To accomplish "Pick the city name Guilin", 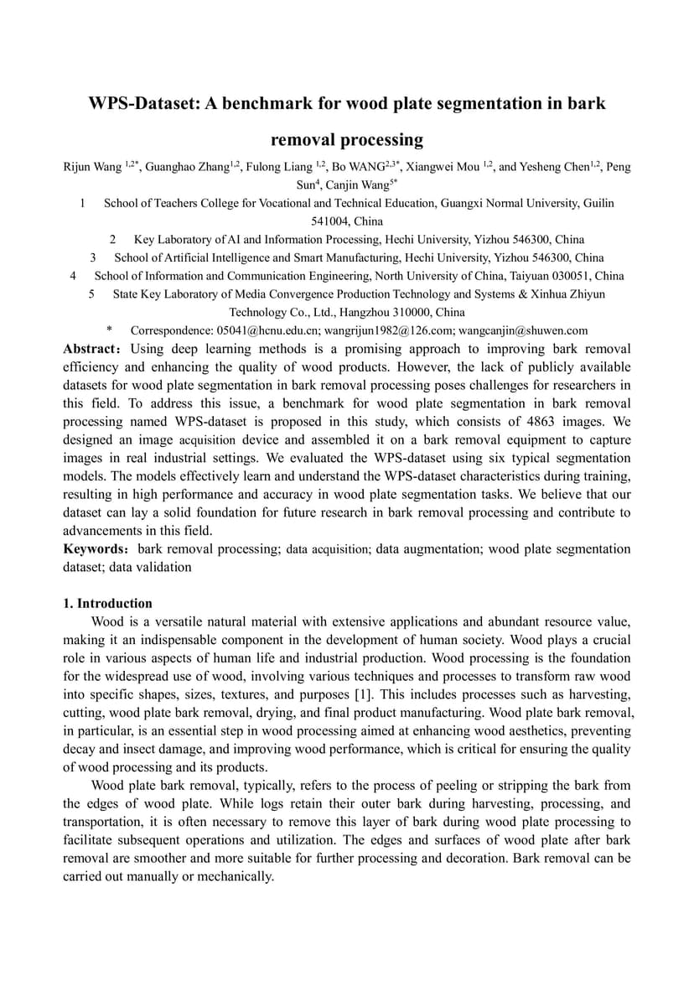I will point(598,203).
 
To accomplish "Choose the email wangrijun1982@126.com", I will point(386,330).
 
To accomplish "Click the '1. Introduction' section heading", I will point(108,604).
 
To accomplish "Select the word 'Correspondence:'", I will point(172,330).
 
